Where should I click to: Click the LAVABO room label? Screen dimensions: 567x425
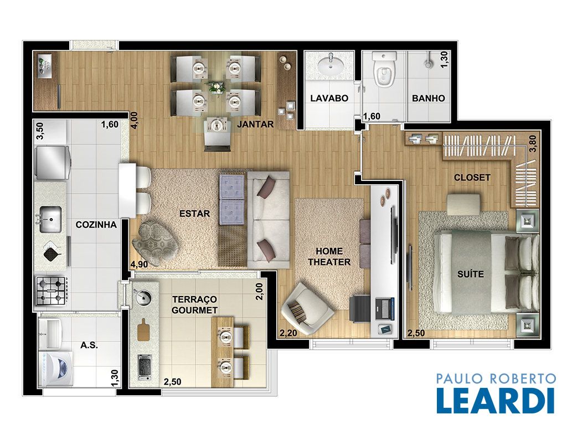[x=329, y=98]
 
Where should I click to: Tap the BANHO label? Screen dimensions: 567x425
[x=428, y=98]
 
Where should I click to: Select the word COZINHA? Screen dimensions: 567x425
[x=96, y=225]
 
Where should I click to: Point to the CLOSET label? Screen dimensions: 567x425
[x=472, y=178]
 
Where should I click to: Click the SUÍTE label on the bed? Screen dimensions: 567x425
[x=471, y=274]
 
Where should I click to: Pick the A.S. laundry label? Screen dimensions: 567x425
[x=89, y=345]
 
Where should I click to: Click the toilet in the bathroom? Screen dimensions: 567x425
[x=384, y=70]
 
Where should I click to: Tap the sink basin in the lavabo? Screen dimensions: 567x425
[x=331, y=65]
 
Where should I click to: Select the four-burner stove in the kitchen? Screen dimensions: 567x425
[x=51, y=291]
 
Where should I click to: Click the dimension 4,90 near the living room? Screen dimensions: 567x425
[x=139, y=264]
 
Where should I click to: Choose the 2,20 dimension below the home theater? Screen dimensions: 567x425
[x=288, y=333]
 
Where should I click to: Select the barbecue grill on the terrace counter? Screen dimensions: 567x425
[x=145, y=366]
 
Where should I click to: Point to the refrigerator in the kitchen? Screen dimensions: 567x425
[x=51, y=163]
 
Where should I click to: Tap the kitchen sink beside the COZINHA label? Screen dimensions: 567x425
[x=49, y=219]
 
